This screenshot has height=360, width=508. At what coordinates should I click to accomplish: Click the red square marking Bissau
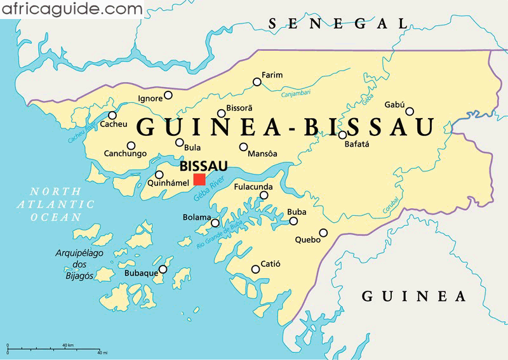(x=199, y=179)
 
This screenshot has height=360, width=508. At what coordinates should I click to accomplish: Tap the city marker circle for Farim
(x=257, y=82)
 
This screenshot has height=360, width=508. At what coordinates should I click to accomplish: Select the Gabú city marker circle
(x=410, y=111)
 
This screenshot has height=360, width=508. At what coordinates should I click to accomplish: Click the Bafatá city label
(x=356, y=144)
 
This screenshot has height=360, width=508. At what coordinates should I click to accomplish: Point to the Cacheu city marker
(x=112, y=115)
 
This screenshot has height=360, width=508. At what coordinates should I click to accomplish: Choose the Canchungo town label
(x=125, y=154)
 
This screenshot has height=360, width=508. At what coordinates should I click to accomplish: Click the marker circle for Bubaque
(x=163, y=269)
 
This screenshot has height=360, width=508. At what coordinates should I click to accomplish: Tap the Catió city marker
(x=255, y=269)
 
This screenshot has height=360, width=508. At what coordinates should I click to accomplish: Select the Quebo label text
(x=307, y=241)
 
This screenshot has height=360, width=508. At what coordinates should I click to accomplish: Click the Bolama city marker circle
(x=215, y=223)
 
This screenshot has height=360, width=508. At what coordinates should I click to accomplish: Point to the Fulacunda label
(x=253, y=187)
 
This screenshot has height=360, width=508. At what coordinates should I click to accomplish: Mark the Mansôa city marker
(x=243, y=147)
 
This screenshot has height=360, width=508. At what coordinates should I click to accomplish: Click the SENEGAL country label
(x=337, y=24)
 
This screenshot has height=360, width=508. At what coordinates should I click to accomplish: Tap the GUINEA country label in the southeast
(x=414, y=296)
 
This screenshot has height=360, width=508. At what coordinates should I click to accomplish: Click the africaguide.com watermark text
(x=71, y=9)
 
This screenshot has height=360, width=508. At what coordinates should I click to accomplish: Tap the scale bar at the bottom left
(x=53, y=348)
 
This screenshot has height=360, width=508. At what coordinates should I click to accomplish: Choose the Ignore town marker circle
(x=168, y=95)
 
